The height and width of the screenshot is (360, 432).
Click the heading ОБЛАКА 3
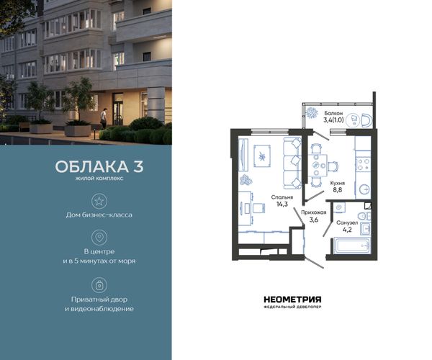(x=99, y=166)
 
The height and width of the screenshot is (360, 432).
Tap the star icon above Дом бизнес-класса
(x=99, y=201)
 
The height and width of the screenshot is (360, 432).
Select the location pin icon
(x=99, y=237)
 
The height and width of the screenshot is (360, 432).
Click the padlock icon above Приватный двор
(x=99, y=285)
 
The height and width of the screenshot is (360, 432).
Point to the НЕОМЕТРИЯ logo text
(x=292, y=300)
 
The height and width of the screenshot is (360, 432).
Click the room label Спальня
(x=282, y=197)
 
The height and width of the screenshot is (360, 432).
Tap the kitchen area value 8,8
(x=338, y=189)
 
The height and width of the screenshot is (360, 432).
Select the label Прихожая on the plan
(x=313, y=212)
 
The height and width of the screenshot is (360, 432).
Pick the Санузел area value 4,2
(x=347, y=230)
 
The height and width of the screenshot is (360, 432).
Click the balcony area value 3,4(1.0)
(x=333, y=120)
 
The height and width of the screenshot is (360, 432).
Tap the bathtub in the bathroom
(x=352, y=245)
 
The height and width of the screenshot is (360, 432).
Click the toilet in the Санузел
(x=364, y=216)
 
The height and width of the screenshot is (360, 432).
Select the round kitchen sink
(x=365, y=189)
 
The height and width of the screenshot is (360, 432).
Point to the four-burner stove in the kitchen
(x=363, y=164)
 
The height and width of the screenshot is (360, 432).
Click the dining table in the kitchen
(x=317, y=166)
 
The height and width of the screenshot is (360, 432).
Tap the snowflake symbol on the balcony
(x=312, y=112)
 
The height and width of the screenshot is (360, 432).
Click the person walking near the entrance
(x=103, y=118)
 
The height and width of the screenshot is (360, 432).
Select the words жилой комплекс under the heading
(x=99, y=179)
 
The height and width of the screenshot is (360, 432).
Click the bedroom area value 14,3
(x=282, y=204)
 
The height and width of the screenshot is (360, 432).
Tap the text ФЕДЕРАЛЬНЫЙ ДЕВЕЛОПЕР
(x=292, y=307)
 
